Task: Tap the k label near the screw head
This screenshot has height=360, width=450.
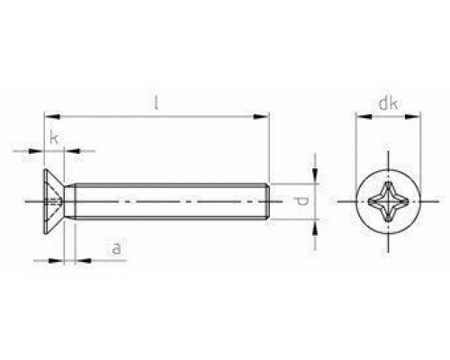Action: point(55,138)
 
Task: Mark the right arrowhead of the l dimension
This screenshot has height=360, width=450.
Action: point(266,115)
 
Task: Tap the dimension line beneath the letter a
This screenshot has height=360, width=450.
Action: point(99,261)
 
